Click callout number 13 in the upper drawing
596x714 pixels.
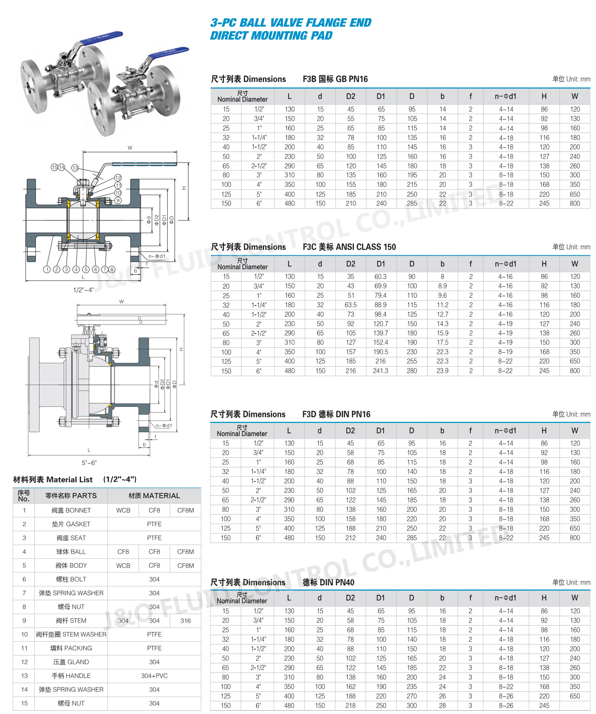75,168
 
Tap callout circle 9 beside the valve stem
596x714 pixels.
118,200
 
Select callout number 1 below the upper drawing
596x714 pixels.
47,269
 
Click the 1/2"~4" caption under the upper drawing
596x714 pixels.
83,290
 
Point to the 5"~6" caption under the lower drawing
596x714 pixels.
89,463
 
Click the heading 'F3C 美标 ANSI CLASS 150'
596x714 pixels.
349,247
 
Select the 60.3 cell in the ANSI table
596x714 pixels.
380,276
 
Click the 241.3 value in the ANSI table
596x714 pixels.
380,371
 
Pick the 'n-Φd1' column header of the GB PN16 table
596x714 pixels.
505,96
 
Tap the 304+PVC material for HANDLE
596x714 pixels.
154,675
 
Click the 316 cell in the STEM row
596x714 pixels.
185,620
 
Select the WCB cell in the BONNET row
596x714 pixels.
123,510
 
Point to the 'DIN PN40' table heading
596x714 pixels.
328,582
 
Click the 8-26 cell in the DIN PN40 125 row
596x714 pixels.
505,696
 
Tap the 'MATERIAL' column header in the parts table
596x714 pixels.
154,495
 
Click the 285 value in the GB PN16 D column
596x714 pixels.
412,203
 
